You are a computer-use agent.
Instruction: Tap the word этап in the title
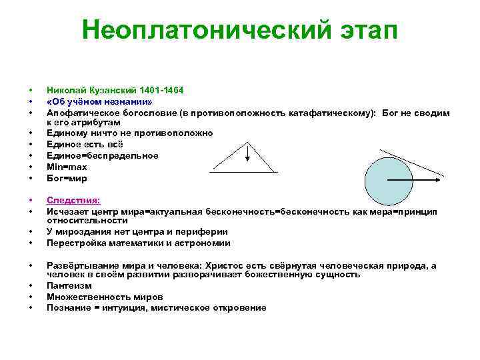[x=363, y=30]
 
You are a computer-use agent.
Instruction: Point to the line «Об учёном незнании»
[x=99, y=101]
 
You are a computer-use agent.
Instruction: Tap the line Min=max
[x=67, y=167]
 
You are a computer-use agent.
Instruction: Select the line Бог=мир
[x=67, y=178]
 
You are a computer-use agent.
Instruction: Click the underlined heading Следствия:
[x=73, y=199]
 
